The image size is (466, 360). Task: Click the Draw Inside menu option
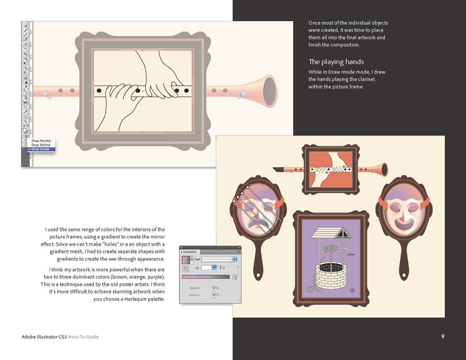coord(40,149)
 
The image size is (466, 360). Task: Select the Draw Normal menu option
coord(41,141)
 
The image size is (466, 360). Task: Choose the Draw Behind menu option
coord(41,145)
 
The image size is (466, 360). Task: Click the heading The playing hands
coord(336,62)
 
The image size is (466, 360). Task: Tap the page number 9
coord(443,336)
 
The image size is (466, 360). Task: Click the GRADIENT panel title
coord(190,252)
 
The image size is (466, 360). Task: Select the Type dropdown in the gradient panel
coord(219,259)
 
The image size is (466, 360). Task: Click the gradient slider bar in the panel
coord(206,277)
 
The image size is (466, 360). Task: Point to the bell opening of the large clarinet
coord(270,91)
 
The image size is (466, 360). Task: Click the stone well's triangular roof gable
coord(343,234)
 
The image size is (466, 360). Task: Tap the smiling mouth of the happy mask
coord(404,225)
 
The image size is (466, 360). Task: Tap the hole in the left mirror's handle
coord(258,275)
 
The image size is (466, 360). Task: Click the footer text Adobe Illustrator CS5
coord(44,337)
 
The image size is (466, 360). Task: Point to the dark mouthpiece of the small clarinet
coord(278,170)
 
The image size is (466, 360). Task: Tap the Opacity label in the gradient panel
coord(195,288)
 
